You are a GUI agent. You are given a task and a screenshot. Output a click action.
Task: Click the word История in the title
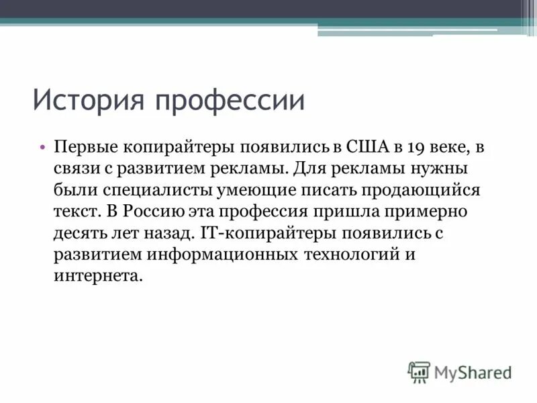(89, 101)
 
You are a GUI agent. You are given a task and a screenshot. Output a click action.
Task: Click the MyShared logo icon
(419, 371)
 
